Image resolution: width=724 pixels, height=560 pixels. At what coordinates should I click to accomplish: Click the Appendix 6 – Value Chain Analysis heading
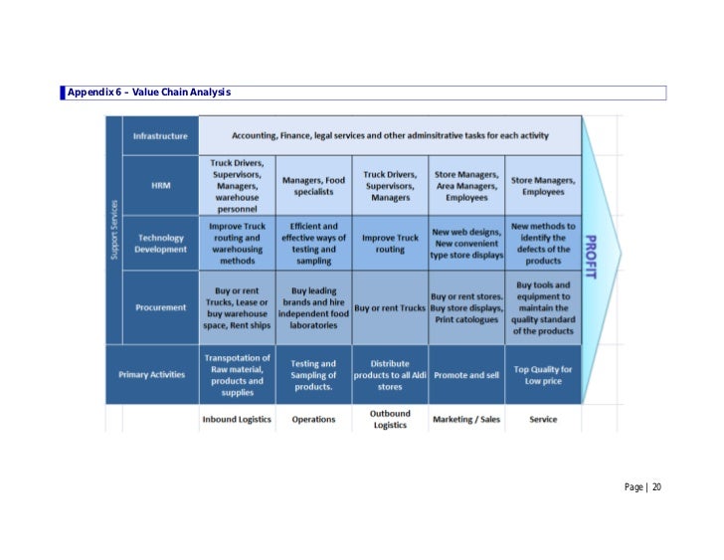click(x=149, y=93)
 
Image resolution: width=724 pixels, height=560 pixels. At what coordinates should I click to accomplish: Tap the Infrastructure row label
click(x=160, y=135)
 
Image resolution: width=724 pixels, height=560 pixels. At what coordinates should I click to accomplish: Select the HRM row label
click(x=160, y=185)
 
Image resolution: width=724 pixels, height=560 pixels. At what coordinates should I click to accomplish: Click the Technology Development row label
click(x=160, y=244)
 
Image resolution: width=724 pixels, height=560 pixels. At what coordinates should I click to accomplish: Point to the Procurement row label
click(x=160, y=307)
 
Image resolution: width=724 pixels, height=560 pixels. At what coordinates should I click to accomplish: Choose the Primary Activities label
click(x=151, y=374)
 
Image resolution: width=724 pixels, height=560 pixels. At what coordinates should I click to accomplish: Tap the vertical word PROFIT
click(x=590, y=257)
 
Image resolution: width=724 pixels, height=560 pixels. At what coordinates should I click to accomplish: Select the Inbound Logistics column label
click(x=237, y=419)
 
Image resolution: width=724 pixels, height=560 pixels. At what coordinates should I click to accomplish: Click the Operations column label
click(x=313, y=419)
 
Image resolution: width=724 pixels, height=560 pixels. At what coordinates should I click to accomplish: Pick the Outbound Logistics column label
click(x=390, y=419)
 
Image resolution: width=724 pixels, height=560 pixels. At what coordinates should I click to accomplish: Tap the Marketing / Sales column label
click(x=466, y=419)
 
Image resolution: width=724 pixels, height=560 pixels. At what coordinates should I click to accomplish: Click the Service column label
click(x=543, y=419)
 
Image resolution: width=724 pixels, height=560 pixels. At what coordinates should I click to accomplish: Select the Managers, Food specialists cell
click(x=313, y=186)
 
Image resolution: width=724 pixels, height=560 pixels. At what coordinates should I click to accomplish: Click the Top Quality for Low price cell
click(x=543, y=375)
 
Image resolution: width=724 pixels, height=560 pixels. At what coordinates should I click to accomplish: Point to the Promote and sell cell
click(x=466, y=375)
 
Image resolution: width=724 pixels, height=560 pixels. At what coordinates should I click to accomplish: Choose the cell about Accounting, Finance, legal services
click(x=390, y=135)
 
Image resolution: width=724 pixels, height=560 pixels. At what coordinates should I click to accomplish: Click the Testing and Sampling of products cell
click(x=313, y=375)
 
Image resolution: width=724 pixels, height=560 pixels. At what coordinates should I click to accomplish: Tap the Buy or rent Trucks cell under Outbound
click(x=390, y=308)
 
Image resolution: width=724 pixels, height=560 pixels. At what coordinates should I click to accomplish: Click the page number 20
click(x=657, y=486)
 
